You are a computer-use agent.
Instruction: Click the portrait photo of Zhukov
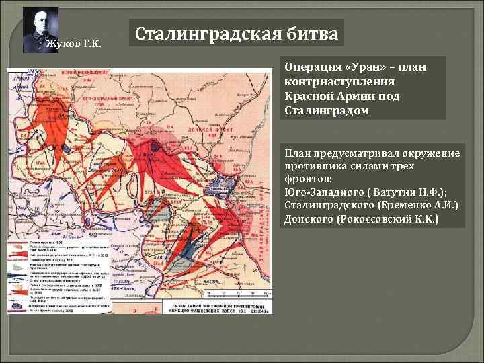click(x=40, y=30)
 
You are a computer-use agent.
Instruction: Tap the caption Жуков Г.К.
click(x=73, y=45)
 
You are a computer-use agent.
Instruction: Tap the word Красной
click(x=307, y=96)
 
